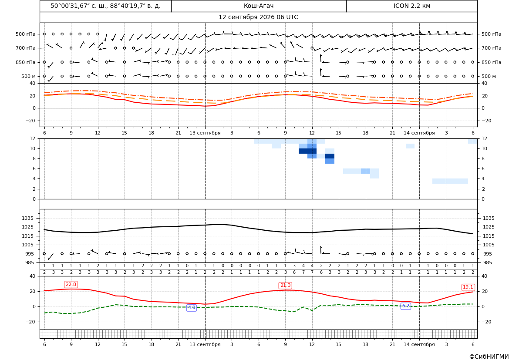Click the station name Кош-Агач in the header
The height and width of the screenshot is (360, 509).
point(259,6)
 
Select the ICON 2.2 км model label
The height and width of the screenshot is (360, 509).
point(411,6)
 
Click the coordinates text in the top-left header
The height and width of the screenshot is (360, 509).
point(105,6)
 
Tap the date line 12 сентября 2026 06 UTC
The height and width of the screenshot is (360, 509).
point(258,17)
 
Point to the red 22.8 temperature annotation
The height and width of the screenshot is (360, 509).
point(71,285)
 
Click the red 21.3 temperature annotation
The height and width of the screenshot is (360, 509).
point(285,285)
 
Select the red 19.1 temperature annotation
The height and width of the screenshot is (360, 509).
point(468,287)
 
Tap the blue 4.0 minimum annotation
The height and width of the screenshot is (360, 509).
point(192,307)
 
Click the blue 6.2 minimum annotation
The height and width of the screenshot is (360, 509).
point(406,306)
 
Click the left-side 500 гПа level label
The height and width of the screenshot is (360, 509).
point(26,34)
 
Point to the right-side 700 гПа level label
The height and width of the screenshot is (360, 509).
point(492,48)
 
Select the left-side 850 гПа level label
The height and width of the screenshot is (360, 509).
point(26,62)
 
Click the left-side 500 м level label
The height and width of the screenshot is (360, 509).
point(29,76)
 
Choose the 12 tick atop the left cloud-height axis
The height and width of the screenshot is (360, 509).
point(32,138)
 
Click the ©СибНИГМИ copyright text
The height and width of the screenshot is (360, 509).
point(489,357)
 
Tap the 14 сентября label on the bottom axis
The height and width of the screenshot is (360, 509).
point(419,344)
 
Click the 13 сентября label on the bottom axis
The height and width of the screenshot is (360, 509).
point(205,344)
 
